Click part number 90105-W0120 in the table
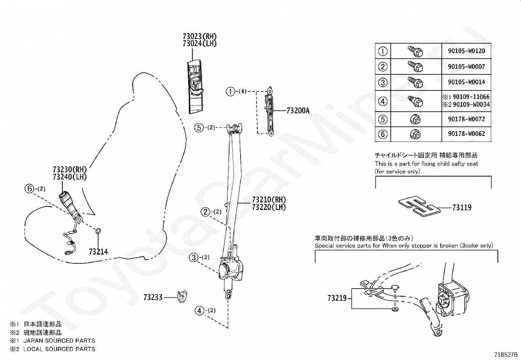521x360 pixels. coord(466,51)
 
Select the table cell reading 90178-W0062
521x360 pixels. coord(466,134)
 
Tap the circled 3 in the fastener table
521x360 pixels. coord(383,83)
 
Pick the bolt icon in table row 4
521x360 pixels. coord(415,101)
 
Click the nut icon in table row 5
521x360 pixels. coord(415,120)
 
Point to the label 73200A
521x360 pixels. coord(298,111)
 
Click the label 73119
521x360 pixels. coord(462,207)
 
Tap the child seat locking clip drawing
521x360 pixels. coord(419,206)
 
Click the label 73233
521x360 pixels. coord(153,297)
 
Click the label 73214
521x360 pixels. coord(99,252)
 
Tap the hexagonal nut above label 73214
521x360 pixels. coord(98,231)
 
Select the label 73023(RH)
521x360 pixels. coord(200,37)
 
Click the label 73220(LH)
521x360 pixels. coord(269,207)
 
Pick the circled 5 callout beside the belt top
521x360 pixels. coord(199,128)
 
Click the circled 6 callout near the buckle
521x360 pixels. coord(29,188)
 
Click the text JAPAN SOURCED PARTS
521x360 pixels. coord(59,340)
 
